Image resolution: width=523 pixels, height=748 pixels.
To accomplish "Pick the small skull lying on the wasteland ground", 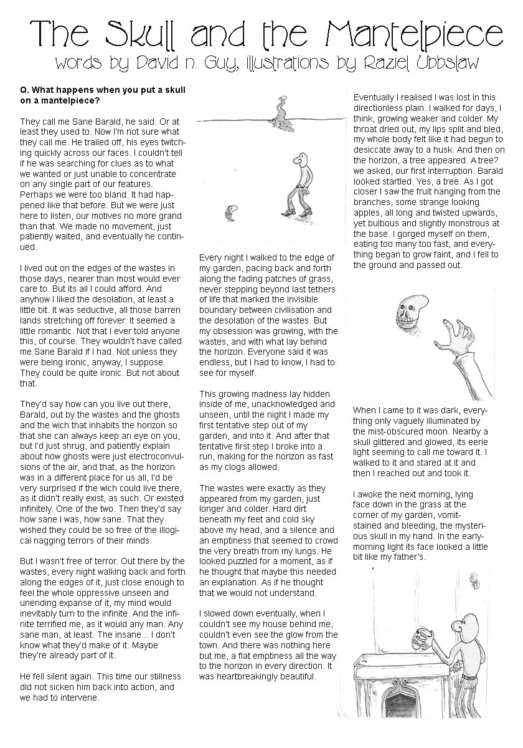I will (x=231, y=214).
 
